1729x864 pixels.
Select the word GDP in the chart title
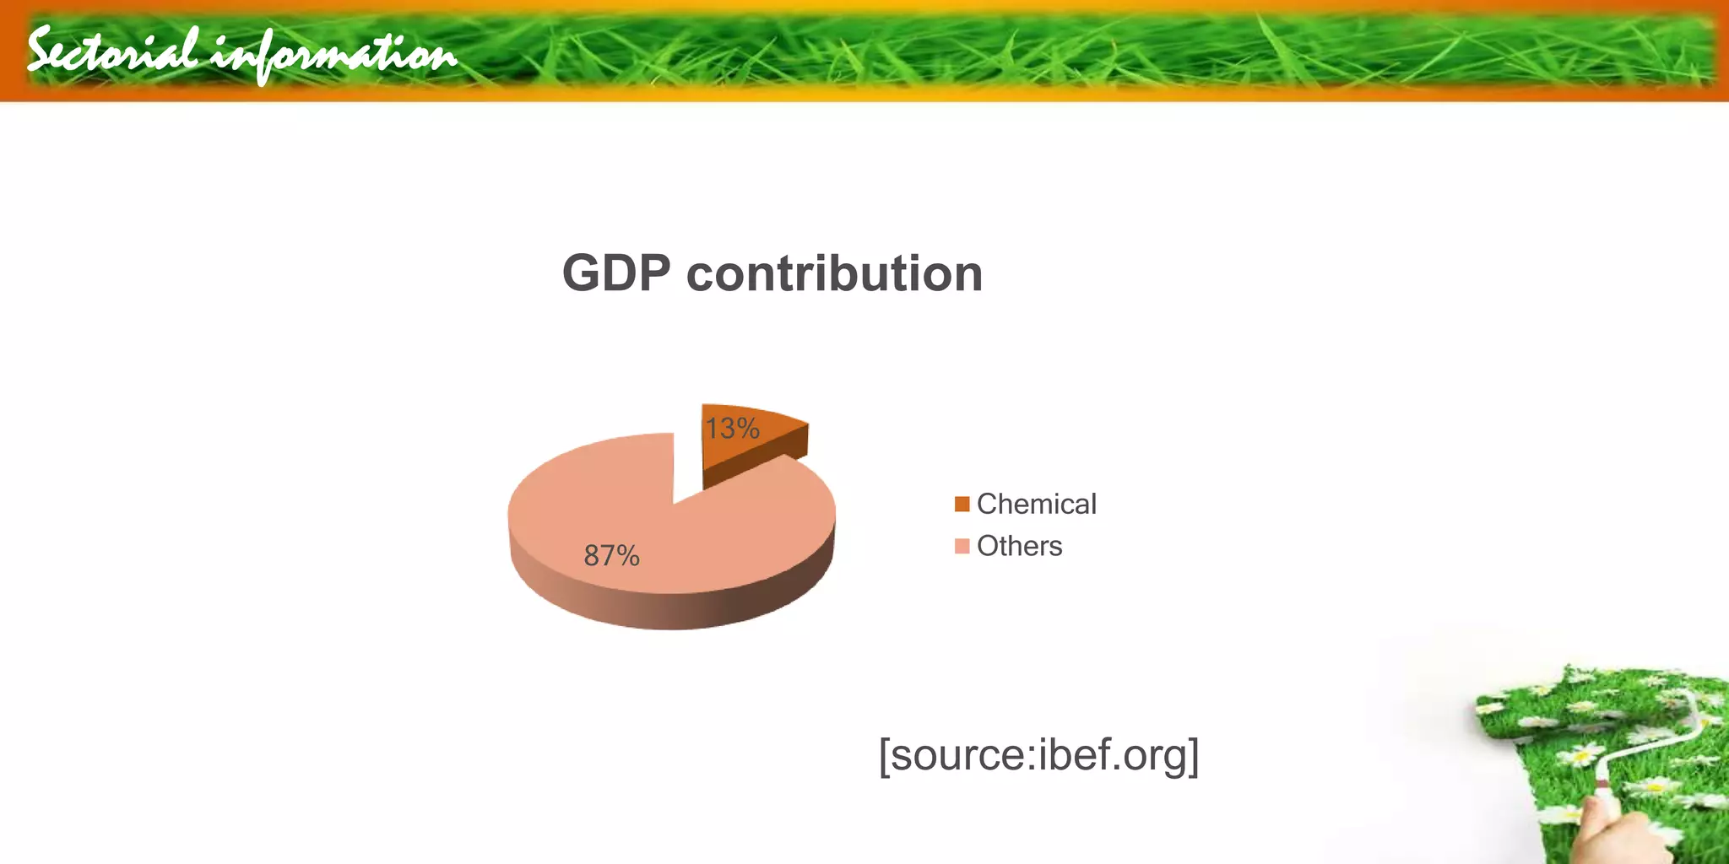[616, 273]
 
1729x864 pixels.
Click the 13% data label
[732, 429]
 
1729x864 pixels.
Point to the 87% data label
[611, 555]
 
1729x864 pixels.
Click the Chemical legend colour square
[962, 504]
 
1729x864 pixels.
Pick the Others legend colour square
[962, 546]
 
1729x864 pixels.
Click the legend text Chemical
[1036, 504]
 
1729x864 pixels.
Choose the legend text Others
[1019, 546]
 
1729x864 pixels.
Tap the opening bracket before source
[884, 756]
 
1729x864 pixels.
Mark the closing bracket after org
[1193, 756]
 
